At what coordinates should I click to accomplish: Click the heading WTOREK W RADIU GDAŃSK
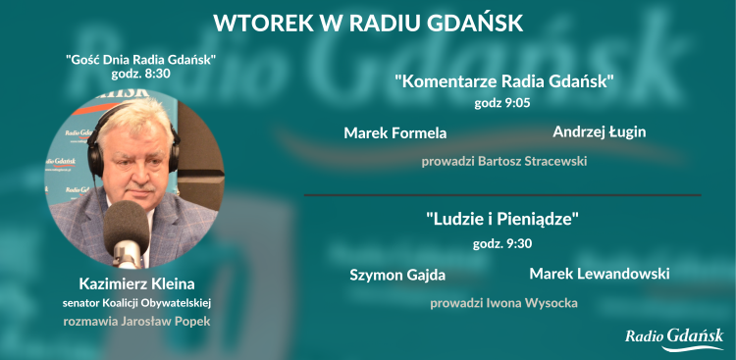point(368,22)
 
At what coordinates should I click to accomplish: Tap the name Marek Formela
point(394,132)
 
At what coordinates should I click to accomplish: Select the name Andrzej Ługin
point(600,131)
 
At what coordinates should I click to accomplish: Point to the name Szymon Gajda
point(397,275)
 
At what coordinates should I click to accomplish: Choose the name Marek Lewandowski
point(600,274)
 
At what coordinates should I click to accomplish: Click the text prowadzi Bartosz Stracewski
point(503,160)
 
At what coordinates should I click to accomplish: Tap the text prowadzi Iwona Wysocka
point(503,303)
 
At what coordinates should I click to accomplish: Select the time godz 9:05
point(503,101)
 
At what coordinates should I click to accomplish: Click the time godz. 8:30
point(140,74)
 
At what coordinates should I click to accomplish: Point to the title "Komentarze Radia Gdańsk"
point(503,81)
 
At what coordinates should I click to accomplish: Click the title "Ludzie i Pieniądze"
point(503,220)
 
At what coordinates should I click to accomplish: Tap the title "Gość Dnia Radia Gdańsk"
point(140,60)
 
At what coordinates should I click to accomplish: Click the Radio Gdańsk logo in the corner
point(674,337)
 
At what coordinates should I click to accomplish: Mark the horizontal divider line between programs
point(502,195)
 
